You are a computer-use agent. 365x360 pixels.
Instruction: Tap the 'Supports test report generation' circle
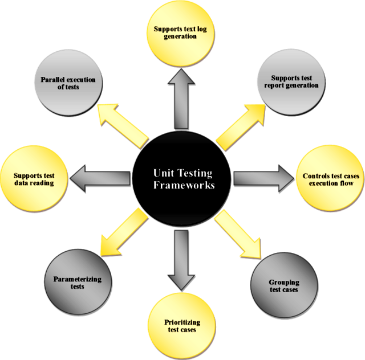coord(291,83)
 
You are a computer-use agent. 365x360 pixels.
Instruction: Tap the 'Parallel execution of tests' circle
coord(68,83)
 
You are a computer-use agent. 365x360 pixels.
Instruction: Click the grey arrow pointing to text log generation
coord(182,103)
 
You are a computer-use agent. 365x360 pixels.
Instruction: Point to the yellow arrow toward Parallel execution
coord(123,125)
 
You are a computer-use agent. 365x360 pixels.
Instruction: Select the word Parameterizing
coord(78,279)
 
